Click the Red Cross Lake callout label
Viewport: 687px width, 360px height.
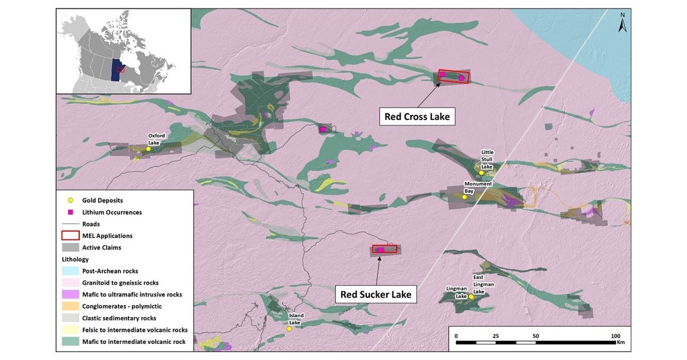click(417, 117)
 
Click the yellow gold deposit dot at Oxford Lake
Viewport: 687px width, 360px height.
click(148, 149)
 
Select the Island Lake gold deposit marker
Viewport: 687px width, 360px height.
click(289, 329)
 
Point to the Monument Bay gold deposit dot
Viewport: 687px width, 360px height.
click(464, 196)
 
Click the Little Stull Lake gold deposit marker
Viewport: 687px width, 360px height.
click(481, 173)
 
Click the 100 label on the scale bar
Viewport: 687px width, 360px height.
click(616, 335)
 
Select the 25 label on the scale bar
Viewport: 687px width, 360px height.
click(496, 335)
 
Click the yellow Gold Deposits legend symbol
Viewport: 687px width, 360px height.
click(70, 200)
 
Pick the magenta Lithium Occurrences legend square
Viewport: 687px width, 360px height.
click(70, 212)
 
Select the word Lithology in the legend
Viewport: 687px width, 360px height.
click(75, 260)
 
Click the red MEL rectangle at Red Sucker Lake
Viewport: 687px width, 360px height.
click(385, 249)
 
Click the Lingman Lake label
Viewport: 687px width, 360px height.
click(456, 292)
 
